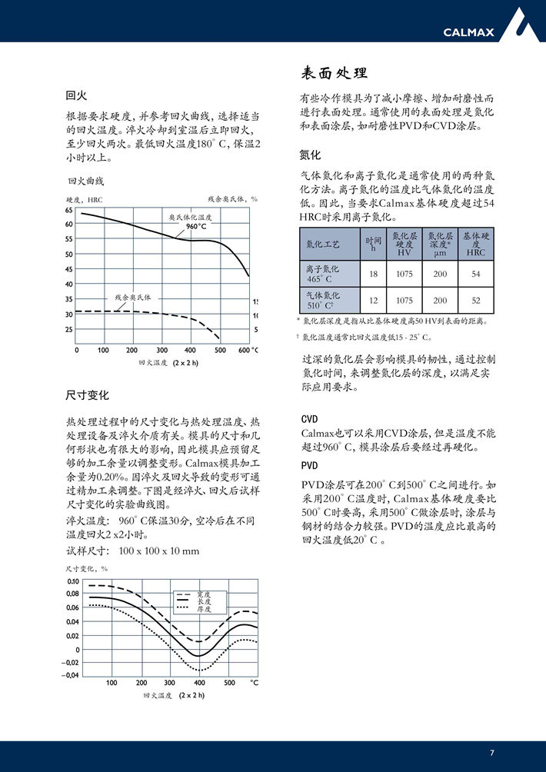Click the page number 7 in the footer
pos(492,753)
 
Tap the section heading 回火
pos(76,96)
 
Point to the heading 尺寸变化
pos(88,395)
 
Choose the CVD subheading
pos(309,419)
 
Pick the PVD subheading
pos(309,466)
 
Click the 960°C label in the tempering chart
pos(197,226)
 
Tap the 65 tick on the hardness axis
pos(68,210)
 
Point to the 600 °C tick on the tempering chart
pos(247,350)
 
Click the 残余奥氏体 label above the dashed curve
pos(133,297)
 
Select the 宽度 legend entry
pos(203,594)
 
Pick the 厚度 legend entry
pos(203,609)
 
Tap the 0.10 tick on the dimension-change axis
pos(73,581)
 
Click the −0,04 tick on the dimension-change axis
pos(71,675)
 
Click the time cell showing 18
pos(374,275)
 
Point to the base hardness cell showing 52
pos(476,301)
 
